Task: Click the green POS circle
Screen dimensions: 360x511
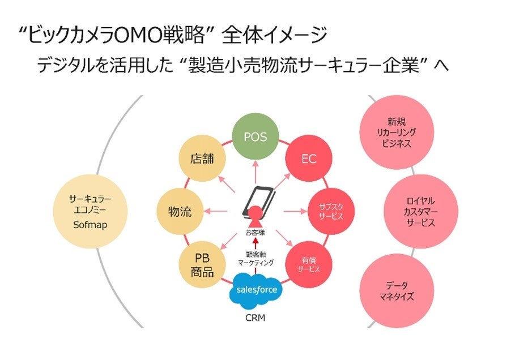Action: point(255,137)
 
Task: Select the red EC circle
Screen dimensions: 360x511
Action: point(309,159)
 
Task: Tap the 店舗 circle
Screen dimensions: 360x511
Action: point(202,159)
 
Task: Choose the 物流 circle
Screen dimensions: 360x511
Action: point(180,212)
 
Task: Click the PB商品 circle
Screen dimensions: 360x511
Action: point(202,264)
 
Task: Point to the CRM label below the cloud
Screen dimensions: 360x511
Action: point(255,318)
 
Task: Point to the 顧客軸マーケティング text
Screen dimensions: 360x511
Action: point(255,258)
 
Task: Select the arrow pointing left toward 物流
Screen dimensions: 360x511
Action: point(216,212)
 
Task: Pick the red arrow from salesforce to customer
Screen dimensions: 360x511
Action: point(255,243)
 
